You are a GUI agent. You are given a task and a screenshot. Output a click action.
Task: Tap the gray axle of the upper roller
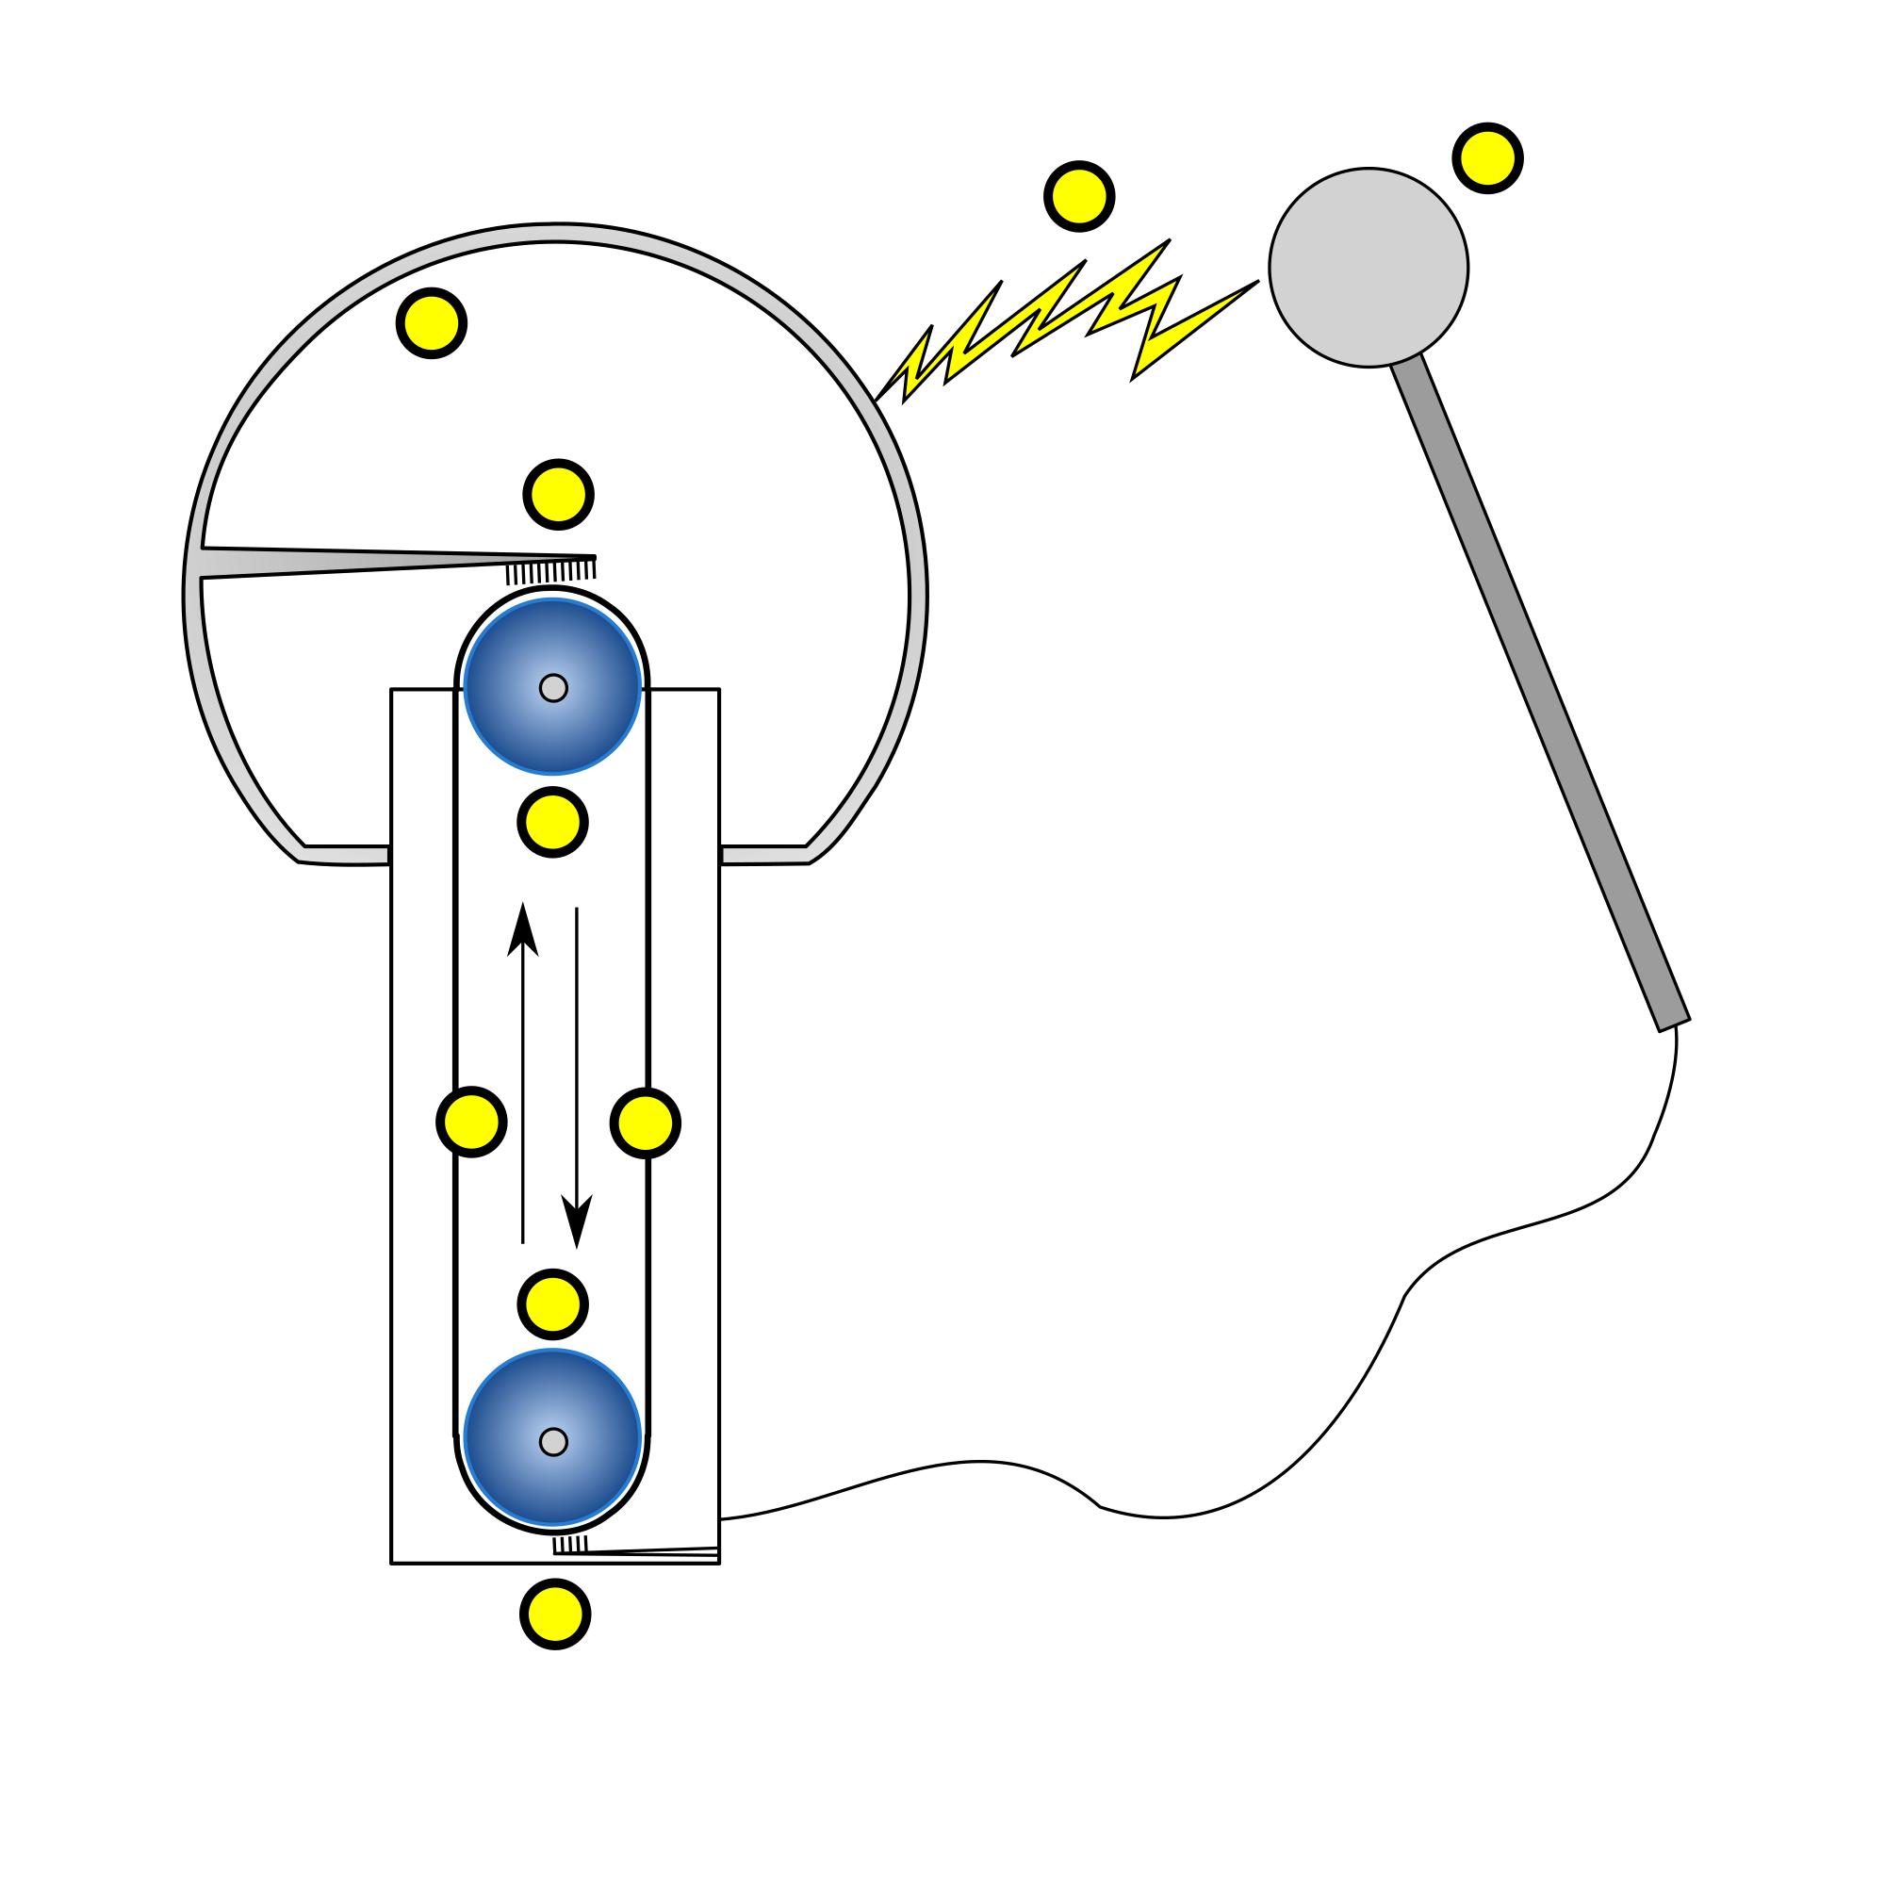click(553, 688)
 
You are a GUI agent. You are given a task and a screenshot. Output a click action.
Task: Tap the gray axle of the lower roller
click(553, 1442)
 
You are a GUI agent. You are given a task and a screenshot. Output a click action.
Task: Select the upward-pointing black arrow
click(523, 1074)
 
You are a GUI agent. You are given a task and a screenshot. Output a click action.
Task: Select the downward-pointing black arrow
click(577, 1074)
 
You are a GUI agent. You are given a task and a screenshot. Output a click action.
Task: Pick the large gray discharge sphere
click(1368, 268)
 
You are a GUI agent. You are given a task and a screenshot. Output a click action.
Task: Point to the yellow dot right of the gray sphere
click(1488, 158)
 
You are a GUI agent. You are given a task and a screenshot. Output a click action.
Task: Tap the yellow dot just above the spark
click(1079, 196)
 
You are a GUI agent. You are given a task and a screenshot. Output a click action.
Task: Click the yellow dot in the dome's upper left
click(432, 323)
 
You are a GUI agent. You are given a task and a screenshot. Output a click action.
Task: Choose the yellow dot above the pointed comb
click(558, 495)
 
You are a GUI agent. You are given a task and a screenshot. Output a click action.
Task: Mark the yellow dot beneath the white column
click(555, 1614)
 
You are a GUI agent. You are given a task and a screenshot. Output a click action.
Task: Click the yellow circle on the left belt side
click(471, 1122)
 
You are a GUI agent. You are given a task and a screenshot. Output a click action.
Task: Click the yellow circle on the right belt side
click(645, 1123)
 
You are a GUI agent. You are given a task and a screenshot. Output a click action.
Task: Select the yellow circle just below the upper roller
click(552, 823)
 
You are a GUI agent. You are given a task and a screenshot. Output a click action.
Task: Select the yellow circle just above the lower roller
click(552, 1304)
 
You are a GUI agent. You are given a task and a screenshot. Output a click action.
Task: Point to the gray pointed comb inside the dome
click(341, 562)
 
